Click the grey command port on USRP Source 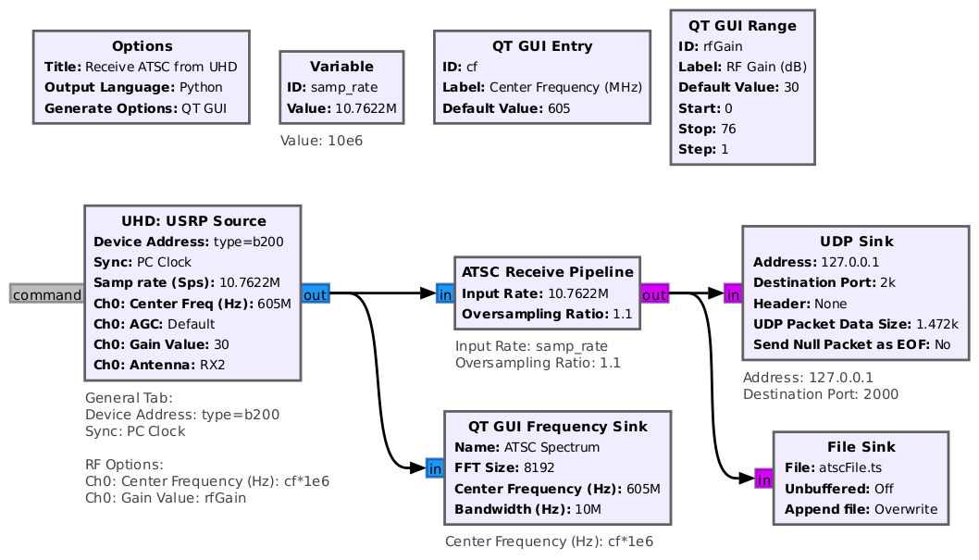tap(47, 293)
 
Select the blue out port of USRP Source tap(316, 293)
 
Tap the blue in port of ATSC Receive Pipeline tap(445, 293)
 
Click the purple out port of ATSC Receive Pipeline tap(654, 293)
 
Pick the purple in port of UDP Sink tap(733, 293)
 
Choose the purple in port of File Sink tap(763, 479)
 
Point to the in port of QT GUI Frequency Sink tap(435, 468)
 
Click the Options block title tap(143, 46)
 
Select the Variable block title tap(341, 67)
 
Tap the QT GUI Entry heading tap(542, 46)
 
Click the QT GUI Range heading tap(742, 26)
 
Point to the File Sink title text tap(861, 447)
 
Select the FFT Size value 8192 tap(539, 467)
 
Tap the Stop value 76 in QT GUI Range tap(728, 129)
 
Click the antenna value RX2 tap(212, 365)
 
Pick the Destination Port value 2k tap(887, 283)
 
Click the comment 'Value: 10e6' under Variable tap(321, 141)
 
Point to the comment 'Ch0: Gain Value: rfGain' tap(166, 498)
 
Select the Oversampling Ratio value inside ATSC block tap(623, 314)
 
